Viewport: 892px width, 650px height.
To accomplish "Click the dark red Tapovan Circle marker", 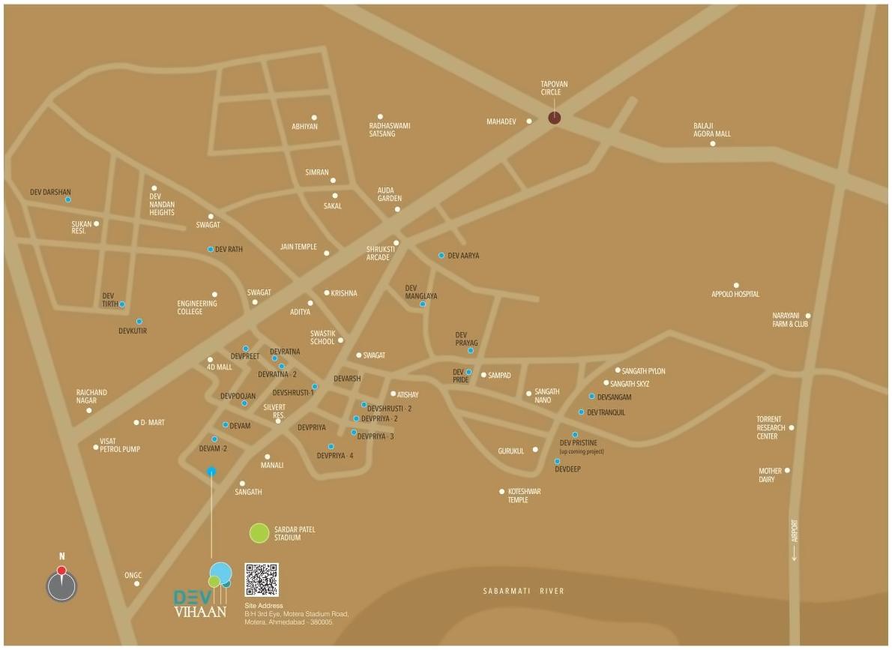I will click(554, 117).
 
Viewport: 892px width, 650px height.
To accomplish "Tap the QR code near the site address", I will click(262, 580).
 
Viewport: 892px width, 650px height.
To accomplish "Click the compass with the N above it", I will click(61, 585).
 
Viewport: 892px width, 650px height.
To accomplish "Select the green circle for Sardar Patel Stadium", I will click(259, 533).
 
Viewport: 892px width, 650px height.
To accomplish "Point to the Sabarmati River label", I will click(523, 592).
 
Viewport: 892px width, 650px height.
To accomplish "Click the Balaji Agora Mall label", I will click(711, 130).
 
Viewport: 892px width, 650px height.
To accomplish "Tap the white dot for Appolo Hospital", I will click(736, 285).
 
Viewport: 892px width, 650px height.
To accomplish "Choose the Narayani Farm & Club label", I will click(790, 320).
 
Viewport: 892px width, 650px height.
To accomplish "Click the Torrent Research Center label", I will click(771, 427).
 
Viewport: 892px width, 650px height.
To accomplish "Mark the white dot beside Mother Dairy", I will click(787, 471).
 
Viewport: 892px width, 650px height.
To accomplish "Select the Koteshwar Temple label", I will click(524, 496).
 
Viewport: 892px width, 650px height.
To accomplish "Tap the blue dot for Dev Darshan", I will click(68, 199).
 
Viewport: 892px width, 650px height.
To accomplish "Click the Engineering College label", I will click(197, 307).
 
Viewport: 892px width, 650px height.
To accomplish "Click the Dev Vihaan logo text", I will click(199, 602).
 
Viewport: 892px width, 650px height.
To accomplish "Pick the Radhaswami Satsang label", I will click(389, 130).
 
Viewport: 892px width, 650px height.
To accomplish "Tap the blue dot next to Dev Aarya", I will click(442, 256).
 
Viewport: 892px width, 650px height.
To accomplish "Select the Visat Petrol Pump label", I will click(120, 445).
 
